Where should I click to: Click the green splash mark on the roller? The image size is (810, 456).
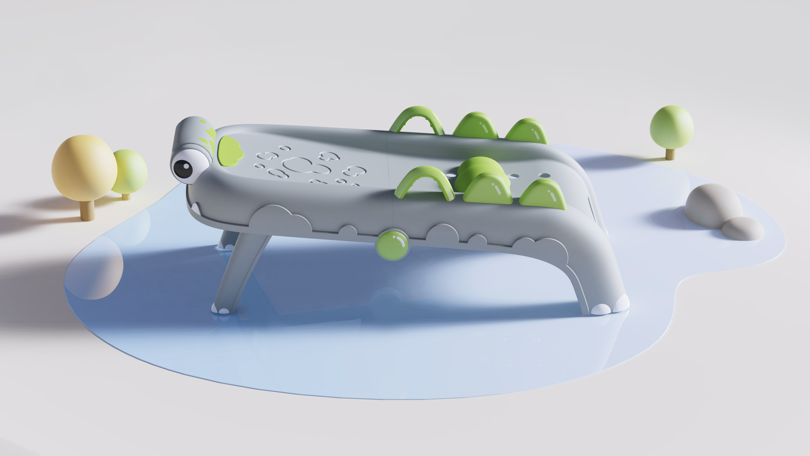pos(210,138)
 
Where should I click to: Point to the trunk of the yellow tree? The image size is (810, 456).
pos(87,210)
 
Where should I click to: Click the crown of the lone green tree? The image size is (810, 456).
pos(671,127)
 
